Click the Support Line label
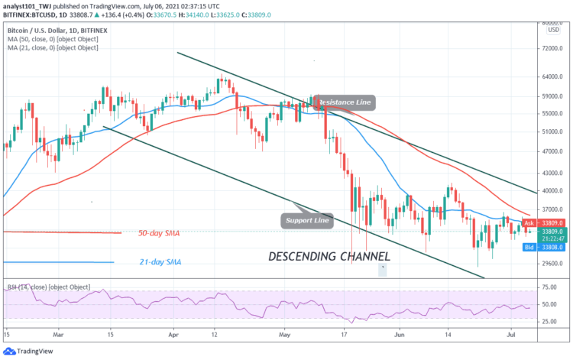[x=307, y=220]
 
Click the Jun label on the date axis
[x=399, y=334]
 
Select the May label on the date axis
[x=285, y=334]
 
